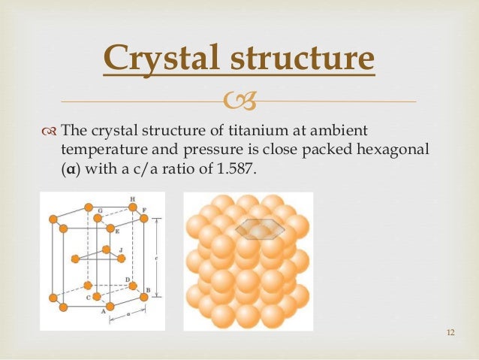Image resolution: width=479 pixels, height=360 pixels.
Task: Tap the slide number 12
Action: pyautogui.click(x=450, y=334)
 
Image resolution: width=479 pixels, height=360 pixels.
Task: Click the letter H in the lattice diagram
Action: pyautogui.click(x=133, y=199)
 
